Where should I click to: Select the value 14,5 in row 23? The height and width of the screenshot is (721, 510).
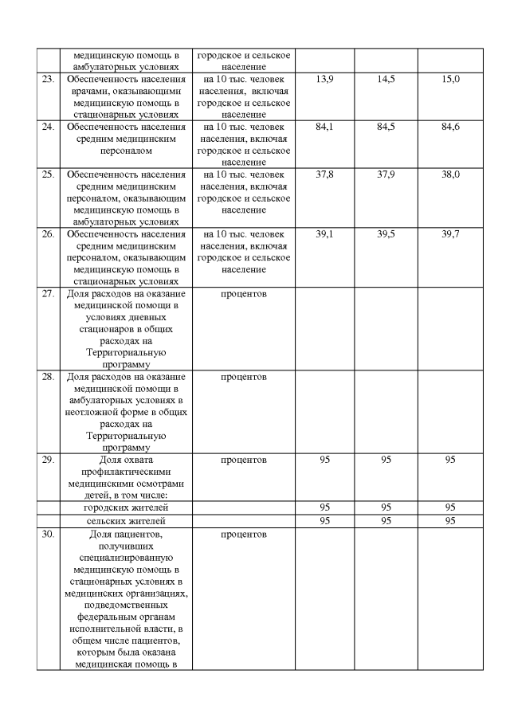click(386, 80)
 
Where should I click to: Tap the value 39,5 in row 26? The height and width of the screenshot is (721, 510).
click(386, 234)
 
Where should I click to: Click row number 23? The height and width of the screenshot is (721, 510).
click(49, 80)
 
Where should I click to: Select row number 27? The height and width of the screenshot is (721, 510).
click(49, 294)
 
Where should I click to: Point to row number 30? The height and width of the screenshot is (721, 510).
click(49, 534)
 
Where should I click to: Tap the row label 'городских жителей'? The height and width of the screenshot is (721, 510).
click(126, 507)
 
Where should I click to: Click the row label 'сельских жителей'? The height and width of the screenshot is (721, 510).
click(126, 521)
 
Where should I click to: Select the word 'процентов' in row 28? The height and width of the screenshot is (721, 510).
click(244, 377)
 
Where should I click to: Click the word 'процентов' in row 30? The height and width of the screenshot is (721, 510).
click(244, 534)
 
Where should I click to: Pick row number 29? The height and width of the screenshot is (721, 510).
click(49, 460)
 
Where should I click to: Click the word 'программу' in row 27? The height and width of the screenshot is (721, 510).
click(126, 364)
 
